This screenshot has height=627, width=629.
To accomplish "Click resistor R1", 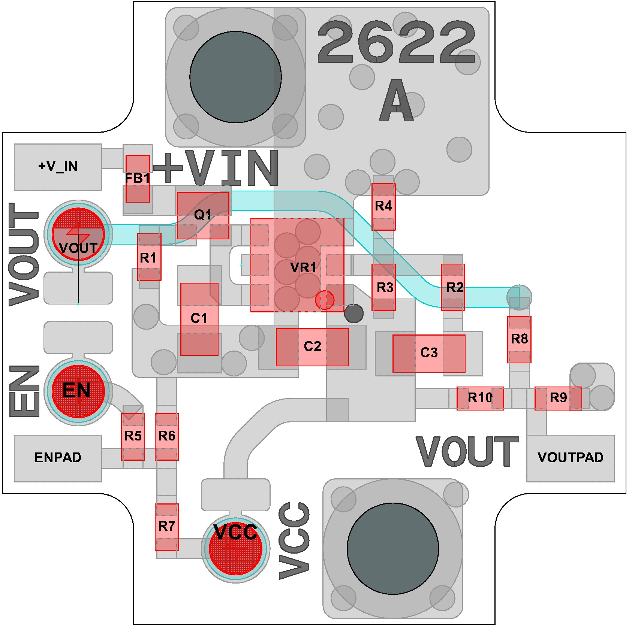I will point(149,257).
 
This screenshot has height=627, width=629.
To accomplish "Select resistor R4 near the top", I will point(383,206).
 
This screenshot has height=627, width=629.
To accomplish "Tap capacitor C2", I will point(312,347).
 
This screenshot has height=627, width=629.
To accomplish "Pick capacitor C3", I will point(429,353).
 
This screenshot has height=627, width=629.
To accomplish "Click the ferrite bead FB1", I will point(138,179).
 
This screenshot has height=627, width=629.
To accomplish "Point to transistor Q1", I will point(203,215).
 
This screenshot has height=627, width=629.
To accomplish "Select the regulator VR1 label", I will point(303,268).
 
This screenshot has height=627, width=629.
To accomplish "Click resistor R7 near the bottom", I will point(167,527).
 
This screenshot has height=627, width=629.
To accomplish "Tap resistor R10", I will point(480,398).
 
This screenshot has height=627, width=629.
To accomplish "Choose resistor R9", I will point(558,398).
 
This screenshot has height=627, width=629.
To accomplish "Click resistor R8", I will point(519,339).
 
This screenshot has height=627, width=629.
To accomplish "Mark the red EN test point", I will point(78,391).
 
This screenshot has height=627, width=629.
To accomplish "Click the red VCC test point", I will point(235,549).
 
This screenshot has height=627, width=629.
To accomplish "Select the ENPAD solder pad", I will point(58,458).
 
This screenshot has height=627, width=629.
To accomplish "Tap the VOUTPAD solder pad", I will point(570,458).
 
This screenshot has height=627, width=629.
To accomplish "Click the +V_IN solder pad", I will point(58,167).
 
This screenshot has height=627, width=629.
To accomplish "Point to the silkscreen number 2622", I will point(397,42).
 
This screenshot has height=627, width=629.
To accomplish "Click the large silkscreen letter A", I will point(397,100).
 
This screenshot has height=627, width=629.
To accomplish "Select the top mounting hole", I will point(235,77).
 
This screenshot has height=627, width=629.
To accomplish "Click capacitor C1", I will point(199,319).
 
